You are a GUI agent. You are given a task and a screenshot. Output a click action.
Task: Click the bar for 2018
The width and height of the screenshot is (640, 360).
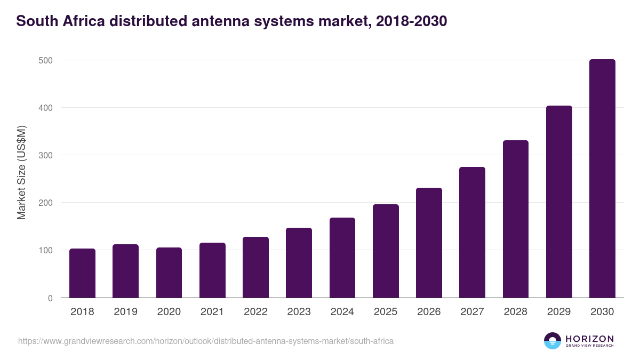[x=82, y=273]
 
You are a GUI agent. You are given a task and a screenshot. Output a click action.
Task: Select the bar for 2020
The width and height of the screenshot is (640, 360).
[x=169, y=273]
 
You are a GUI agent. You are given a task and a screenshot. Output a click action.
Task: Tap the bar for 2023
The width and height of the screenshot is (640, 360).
[x=299, y=262]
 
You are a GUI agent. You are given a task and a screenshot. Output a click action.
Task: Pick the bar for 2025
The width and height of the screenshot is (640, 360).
[x=386, y=251]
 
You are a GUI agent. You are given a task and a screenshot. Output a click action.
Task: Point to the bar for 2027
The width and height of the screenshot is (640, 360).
[x=472, y=232]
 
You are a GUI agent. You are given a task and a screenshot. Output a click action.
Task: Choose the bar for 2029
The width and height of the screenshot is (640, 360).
[x=559, y=202]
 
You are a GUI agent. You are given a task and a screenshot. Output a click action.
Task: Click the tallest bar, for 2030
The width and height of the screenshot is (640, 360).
[x=602, y=178]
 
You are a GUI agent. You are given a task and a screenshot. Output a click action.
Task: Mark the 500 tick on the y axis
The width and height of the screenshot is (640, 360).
[x=46, y=60]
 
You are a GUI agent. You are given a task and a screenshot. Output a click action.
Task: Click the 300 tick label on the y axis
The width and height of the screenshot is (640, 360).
[x=46, y=155]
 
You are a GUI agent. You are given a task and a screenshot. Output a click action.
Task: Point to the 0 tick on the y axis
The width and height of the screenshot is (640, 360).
[x=50, y=298]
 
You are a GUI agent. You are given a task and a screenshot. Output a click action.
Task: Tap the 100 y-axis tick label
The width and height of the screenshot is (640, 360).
[x=46, y=250]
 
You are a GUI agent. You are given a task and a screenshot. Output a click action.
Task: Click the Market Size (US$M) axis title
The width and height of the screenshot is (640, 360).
[x=21, y=172]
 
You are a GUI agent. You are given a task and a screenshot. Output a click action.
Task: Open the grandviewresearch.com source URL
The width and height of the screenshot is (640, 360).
[x=206, y=341]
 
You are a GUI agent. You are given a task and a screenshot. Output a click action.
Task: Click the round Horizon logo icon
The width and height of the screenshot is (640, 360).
[x=553, y=341]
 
